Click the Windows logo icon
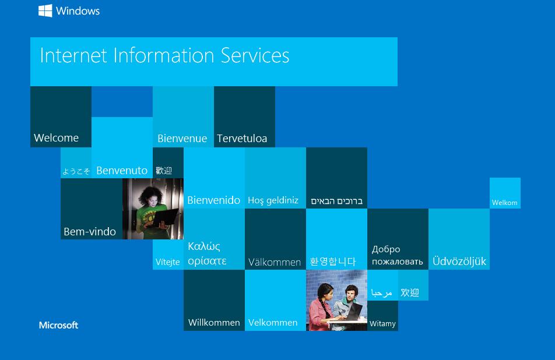click(x=45, y=10)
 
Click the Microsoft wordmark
click(x=58, y=326)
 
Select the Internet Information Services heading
click(x=164, y=55)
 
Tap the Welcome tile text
click(x=57, y=137)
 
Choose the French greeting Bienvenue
click(x=182, y=138)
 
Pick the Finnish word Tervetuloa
click(x=242, y=138)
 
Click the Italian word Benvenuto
click(x=122, y=171)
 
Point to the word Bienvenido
click(x=214, y=200)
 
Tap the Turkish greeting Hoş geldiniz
click(x=273, y=200)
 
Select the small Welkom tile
click(x=505, y=193)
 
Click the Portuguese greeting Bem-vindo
click(x=90, y=232)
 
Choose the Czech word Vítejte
click(x=168, y=262)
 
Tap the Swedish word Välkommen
click(x=275, y=262)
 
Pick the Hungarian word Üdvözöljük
click(x=459, y=262)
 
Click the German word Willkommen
click(x=214, y=323)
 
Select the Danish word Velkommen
click(x=273, y=323)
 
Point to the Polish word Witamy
click(x=382, y=323)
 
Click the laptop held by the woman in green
click(x=165, y=217)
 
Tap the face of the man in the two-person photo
click(x=350, y=294)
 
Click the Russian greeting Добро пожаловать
click(x=397, y=255)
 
